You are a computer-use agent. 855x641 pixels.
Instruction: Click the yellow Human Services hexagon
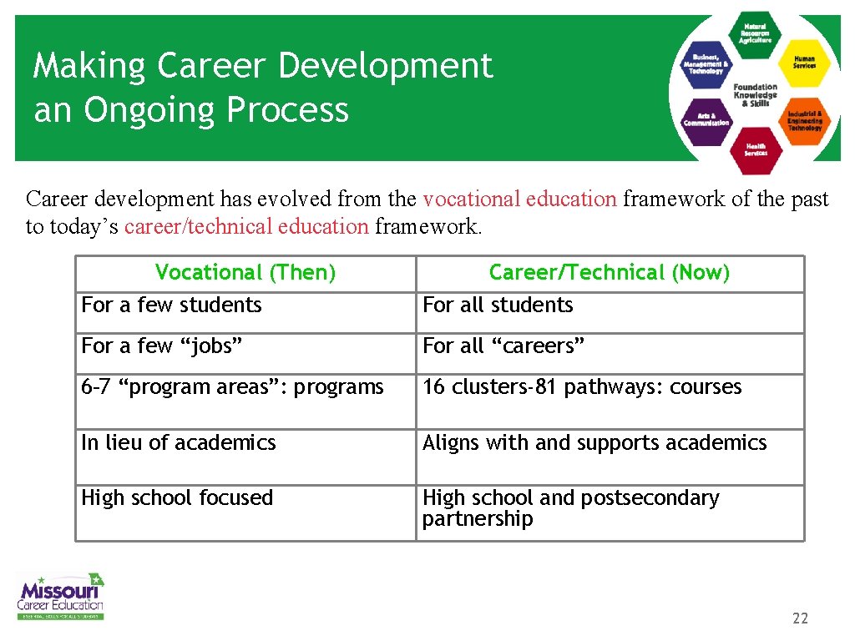[x=804, y=63]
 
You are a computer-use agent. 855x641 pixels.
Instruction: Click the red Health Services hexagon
[x=756, y=149]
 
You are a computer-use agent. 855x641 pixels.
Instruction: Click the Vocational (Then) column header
[x=245, y=273]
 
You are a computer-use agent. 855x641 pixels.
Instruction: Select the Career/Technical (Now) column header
[x=610, y=273]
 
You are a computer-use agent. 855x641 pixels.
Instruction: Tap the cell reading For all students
[x=498, y=305]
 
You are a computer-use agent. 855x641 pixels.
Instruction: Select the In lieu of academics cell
[x=179, y=442]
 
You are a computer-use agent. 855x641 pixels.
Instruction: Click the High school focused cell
[x=177, y=498]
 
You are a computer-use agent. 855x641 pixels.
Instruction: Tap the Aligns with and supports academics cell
[x=594, y=442]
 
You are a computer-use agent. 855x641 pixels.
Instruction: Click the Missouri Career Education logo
[x=61, y=596]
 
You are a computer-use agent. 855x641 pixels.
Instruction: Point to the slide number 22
[x=800, y=618]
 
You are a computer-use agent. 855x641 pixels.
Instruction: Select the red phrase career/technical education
[x=246, y=226]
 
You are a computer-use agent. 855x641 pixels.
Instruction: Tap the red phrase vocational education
[x=519, y=199]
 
